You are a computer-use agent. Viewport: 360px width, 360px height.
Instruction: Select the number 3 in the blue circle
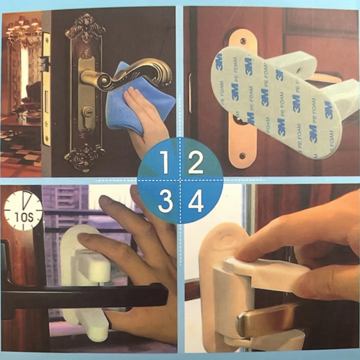tap(165, 202)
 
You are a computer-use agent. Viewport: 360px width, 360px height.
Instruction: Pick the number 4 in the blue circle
tap(196, 201)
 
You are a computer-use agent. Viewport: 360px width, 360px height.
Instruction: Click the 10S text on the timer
tap(24, 217)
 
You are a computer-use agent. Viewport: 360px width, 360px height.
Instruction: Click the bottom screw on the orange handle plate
tap(242, 156)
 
